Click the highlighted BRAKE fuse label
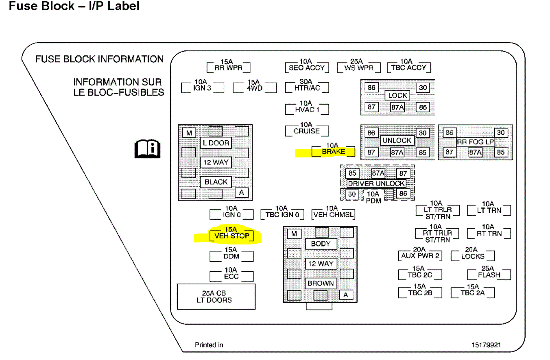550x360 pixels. click(333, 152)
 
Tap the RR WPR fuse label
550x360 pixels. click(228, 68)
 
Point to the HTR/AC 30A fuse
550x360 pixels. click(306, 87)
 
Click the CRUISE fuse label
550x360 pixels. click(307, 131)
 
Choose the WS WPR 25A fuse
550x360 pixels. click(358, 68)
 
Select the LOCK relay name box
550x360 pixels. click(397, 96)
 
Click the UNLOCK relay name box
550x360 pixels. click(397, 140)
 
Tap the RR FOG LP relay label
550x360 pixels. click(476, 142)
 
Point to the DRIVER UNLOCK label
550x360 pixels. click(376, 183)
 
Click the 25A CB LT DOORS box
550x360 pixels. click(216, 297)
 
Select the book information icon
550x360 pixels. click(148, 149)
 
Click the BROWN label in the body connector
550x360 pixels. click(321, 283)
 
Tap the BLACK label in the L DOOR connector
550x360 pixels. click(216, 182)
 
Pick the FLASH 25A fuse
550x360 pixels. click(489, 275)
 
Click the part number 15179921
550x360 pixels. click(486, 345)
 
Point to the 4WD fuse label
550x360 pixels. click(254, 87)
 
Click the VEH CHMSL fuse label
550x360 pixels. click(333, 215)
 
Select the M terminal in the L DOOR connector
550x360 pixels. click(189, 133)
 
